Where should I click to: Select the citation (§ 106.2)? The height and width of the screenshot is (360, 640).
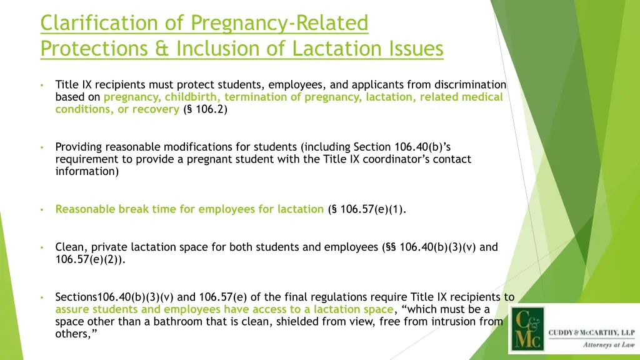tap(206, 109)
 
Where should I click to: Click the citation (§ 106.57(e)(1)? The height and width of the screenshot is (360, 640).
tap(367, 209)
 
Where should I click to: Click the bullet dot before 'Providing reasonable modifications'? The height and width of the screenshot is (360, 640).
tap(40, 147)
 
